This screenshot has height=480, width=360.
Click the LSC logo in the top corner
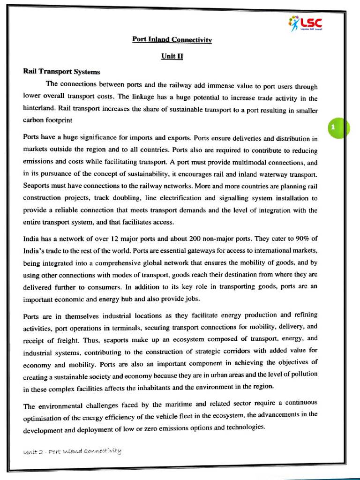point(305,22)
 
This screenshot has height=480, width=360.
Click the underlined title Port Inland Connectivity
point(172,40)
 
